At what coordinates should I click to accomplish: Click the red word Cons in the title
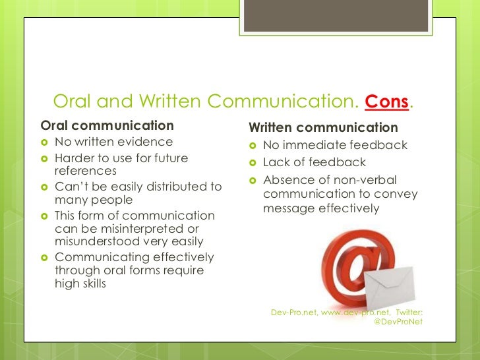386,102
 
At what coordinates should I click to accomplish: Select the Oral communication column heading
107,125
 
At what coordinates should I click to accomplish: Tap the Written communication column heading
323,127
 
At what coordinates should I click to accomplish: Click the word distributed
172,187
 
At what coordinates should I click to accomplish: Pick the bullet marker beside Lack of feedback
253,163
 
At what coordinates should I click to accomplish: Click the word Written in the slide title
170,102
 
